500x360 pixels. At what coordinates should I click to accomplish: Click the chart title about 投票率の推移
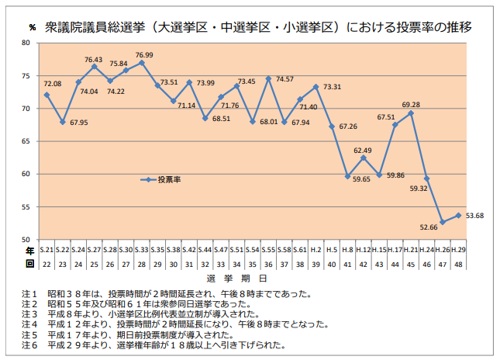[x=259, y=27]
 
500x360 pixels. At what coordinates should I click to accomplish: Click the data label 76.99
[x=144, y=55]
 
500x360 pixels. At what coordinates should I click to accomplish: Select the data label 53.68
[x=474, y=215]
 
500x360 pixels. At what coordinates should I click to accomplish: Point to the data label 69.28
[x=411, y=105]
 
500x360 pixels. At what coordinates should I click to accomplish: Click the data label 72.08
[x=53, y=84]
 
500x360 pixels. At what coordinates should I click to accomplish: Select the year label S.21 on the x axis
[x=47, y=250]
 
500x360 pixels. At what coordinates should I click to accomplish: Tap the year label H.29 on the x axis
[x=458, y=250]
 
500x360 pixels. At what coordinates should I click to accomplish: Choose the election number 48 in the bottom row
[x=458, y=264]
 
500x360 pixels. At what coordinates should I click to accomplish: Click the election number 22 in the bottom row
[x=47, y=264]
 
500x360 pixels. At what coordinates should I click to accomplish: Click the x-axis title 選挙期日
[x=237, y=277]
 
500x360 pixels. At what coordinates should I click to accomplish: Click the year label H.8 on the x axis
[x=347, y=250]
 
